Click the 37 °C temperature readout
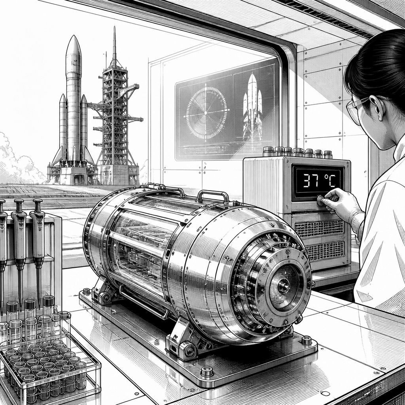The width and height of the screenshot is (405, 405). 319,180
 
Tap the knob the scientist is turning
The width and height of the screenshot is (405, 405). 321,201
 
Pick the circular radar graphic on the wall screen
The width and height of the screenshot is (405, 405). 206,113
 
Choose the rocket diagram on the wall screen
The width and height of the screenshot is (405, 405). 252,108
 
